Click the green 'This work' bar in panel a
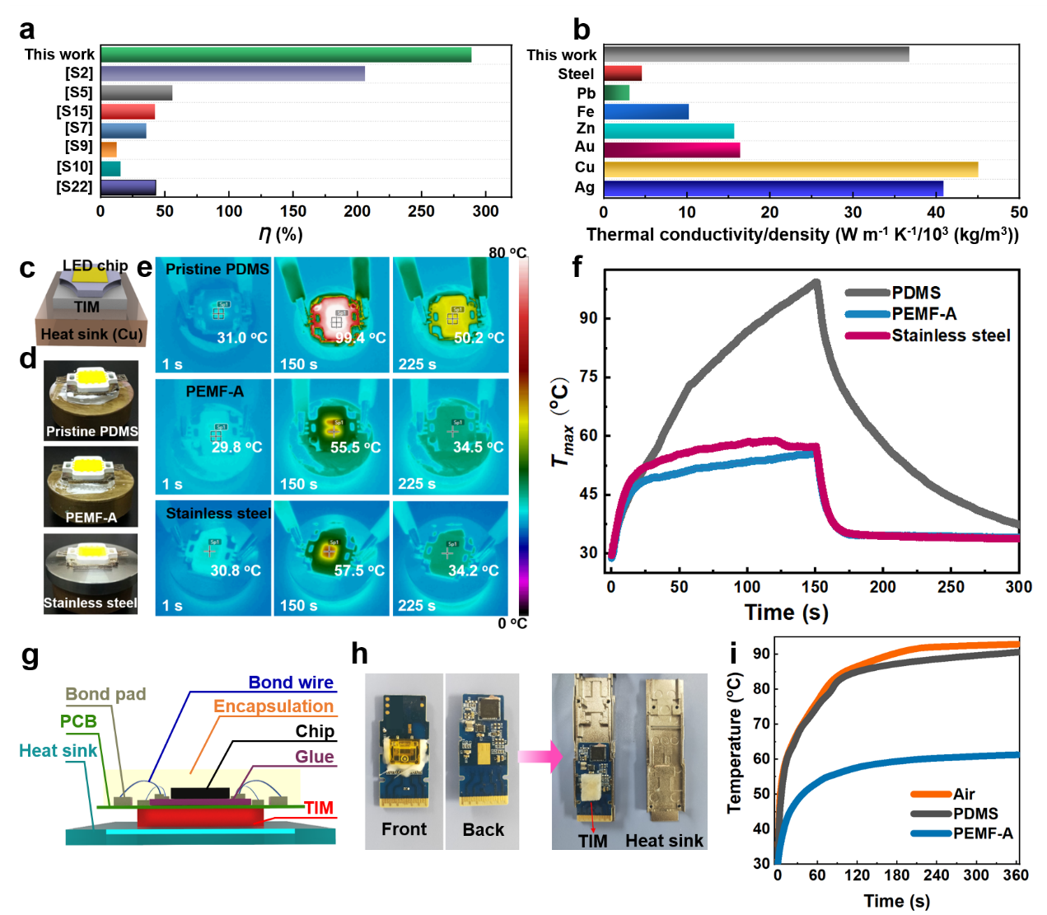coord(286,55)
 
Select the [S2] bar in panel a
coord(233,74)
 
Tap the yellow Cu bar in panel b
coord(791,169)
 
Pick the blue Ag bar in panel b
coord(774,188)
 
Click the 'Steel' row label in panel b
coord(576,74)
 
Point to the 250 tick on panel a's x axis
coord(421,211)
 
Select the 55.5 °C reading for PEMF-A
coord(355,448)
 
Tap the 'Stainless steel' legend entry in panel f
coord(951,335)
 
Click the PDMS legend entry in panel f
coord(916,293)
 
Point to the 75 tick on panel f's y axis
coord(588,377)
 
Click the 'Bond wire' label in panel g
coord(291,683)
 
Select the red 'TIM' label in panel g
coord(319,808)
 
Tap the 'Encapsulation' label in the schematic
coord(273,706)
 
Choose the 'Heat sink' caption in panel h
coord(664,841)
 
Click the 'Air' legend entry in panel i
coord(964,794)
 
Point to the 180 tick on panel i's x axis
coord(896,875)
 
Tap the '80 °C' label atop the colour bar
coord(507,253)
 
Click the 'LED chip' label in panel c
coord(96,265)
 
